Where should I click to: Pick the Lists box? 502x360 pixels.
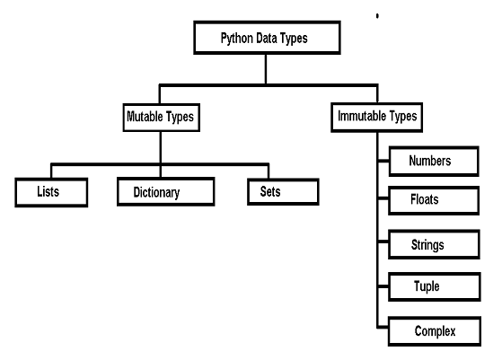click(51, 191)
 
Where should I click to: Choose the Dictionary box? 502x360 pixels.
click(166, 191)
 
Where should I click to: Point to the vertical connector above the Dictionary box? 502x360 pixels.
click(160, 171)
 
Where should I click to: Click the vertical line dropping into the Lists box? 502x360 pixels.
click(51, 171)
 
